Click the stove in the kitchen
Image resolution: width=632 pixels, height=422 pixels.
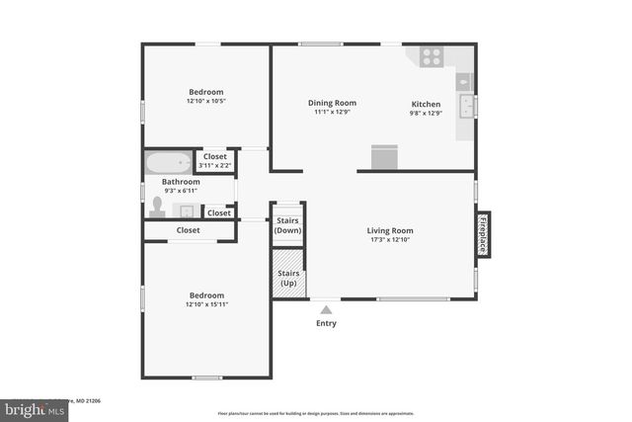(431, 56)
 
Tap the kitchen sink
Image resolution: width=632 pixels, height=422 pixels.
(466, 106)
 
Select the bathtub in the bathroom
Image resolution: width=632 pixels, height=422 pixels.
(170, 163)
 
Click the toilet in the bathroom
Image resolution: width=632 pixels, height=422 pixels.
(156, 208)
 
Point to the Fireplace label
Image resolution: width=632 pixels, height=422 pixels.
(484, 234)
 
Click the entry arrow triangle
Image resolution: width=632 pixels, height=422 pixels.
(326, 309)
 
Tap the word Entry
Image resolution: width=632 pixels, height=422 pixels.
(326, 323)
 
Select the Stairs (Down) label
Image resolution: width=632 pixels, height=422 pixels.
(287, 225)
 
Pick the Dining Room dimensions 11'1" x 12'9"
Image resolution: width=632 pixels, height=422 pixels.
(332, 112)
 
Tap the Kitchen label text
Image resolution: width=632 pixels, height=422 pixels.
(426, 103)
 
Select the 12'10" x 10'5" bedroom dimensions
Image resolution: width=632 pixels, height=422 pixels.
(205, 101)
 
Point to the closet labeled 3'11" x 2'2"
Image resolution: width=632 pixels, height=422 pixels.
(214, 160)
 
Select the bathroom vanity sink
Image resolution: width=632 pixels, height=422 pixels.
(186, 211)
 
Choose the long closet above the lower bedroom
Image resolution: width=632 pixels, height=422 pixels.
(189, 230)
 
